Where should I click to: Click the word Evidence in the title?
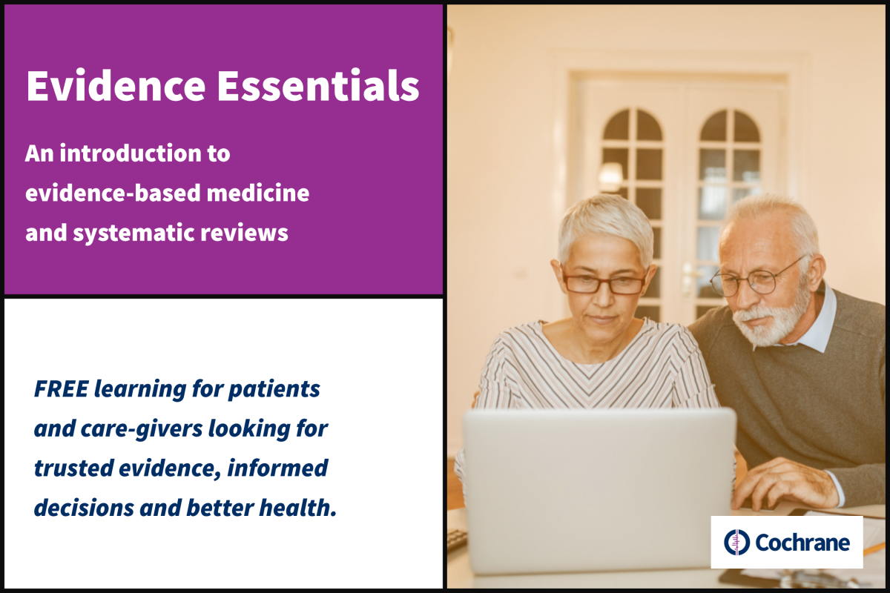(116, 86)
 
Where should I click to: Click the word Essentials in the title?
(318, 85)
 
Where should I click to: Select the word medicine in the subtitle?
(258, 193)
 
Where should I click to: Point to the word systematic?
(133, 233)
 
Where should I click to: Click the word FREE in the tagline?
(61, 388)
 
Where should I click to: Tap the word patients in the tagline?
(274, 389)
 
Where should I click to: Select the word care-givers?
(142, 429)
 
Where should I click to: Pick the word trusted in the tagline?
(73, 468)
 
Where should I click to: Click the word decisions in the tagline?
(84, 508)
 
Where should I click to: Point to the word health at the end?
(297, 508)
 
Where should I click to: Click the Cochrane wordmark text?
(802, 543)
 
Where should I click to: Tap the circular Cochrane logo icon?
(736, 542)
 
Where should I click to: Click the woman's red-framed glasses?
(604, 284)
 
